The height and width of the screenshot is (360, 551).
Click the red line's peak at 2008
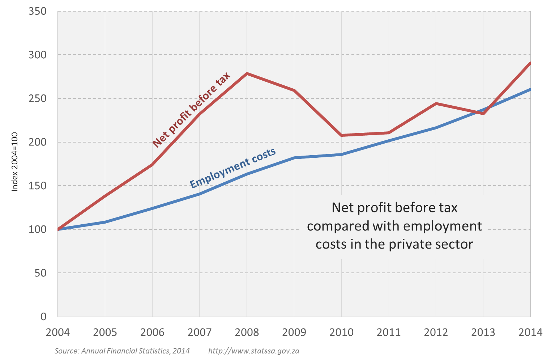pyautogui.click(x=247, y=73)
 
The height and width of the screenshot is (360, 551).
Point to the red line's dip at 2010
pyautogui.click(x=341, y=135)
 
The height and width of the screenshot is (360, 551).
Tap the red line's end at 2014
pyautogui.click(x=530, y=64)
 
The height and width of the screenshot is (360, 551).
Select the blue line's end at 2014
pyautogui.click(x=530, y=89)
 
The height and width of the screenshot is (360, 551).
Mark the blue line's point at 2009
pyautogui.click(x=294, y=158)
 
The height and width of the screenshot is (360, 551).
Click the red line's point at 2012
pyautogui.click(x=436, y=103)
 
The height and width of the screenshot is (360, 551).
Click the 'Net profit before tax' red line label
pyautogui.click(x=191, y=110)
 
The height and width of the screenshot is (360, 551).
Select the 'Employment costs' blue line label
pyautogui.click(x=233, y=168)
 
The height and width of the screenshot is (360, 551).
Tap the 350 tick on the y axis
pyautogui.click(x=38, y=11)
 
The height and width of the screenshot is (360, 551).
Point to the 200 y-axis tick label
pyautogui.click(x=38, y=142)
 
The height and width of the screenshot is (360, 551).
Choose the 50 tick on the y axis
pyautogui.click(x=41, y=273)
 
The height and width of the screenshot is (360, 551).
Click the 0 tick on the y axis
pyautogui.click(x=43, y=317)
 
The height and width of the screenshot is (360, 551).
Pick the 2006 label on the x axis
pyautogui.click(x=152, y=332)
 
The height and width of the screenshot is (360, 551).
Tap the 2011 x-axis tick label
pyautogui.click(x=389, y=332)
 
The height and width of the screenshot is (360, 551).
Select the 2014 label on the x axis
pyautogui.click(x=530, y=332)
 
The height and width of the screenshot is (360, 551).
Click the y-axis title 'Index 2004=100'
pyautogui.click(x=15, y=161)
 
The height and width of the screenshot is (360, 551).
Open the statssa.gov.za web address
pyautogui.click(x=254, y=351)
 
